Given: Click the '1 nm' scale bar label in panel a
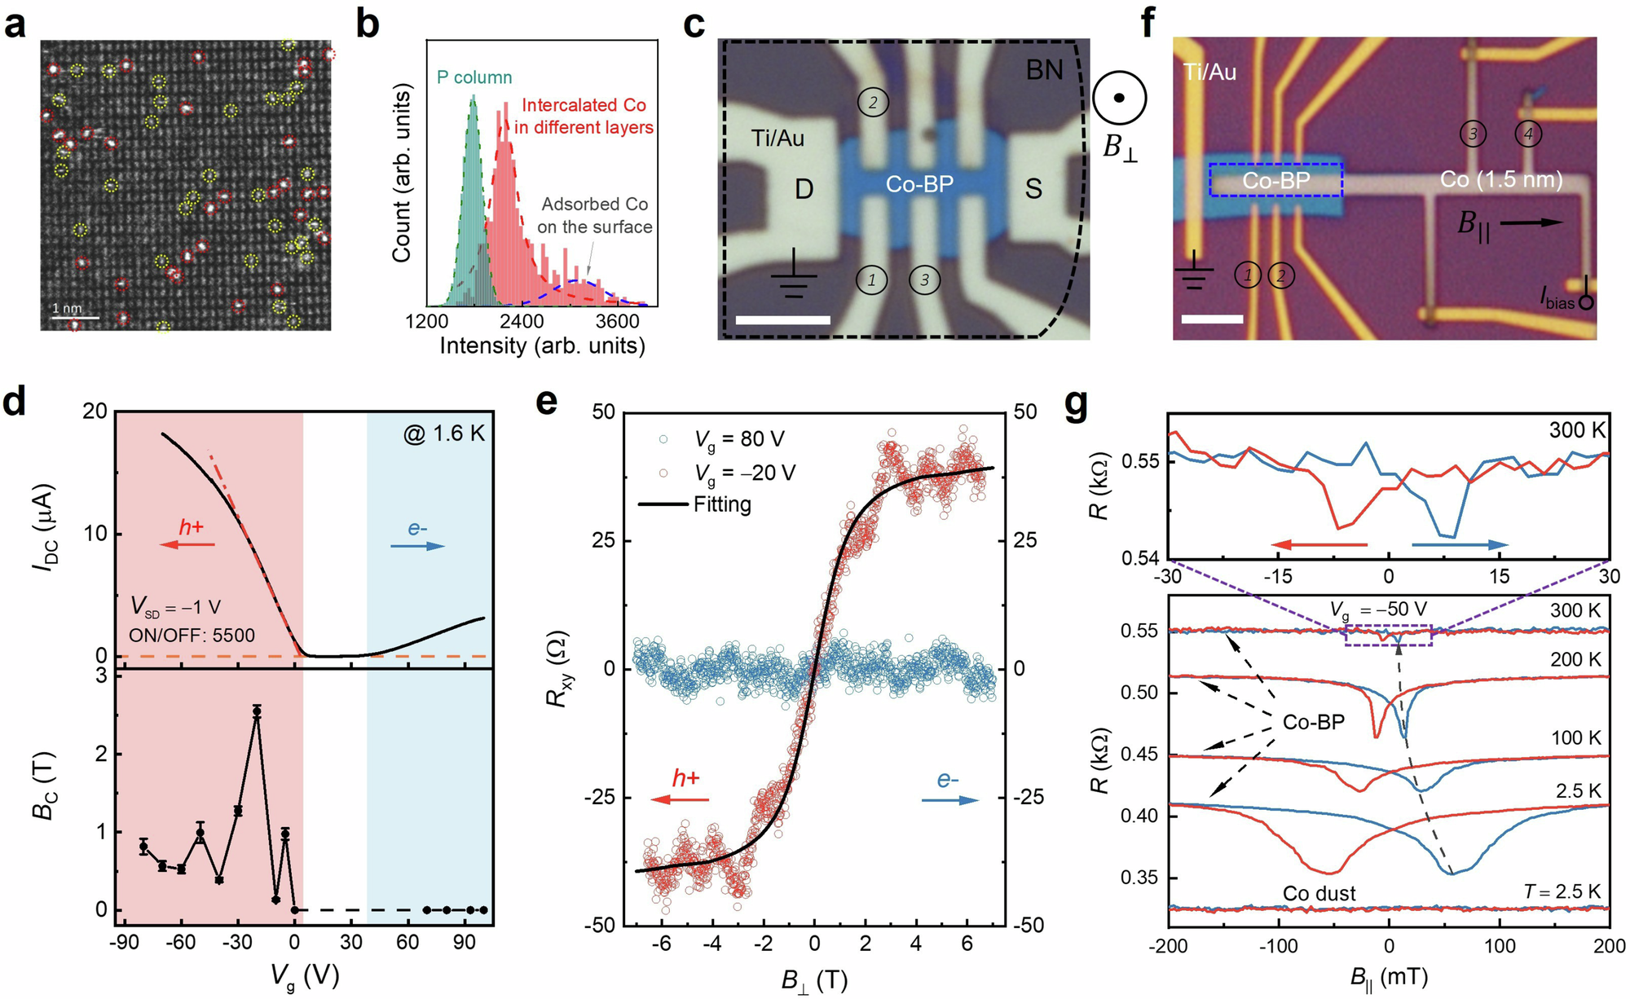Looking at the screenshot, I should [x=67, y=309].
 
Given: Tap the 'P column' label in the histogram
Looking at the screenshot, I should [x=474, y=77].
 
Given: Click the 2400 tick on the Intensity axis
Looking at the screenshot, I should [x=522, y=321].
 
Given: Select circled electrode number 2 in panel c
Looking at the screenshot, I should [x=873, y=103].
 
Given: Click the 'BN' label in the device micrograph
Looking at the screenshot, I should [x=1044, y=71].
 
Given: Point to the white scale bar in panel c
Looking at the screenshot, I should [x=782, y=321].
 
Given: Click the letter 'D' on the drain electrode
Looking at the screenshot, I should [x=804, y=190].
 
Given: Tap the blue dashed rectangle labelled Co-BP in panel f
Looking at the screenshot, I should [x=1275, y=180].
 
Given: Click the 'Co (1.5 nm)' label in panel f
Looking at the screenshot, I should [x=1500, y=179].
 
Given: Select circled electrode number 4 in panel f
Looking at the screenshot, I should [x=1528, y=134].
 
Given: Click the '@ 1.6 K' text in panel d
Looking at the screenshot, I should [x=443, y=433].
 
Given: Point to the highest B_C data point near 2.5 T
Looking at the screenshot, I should [x=258, y=711].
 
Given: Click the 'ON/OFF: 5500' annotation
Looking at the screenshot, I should [x=192, y=636].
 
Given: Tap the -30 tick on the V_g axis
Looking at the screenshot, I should [x=237, y=943].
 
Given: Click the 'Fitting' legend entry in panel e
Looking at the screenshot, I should [x=721, y=504].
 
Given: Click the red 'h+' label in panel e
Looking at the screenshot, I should [x=685, y=778].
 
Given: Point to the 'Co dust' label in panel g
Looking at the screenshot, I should [x=1319, y=894].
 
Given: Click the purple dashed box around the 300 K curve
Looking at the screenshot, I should [x=1388, y=636].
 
